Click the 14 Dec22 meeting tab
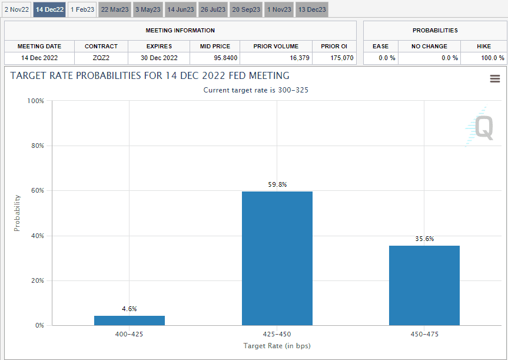tap(49, 9)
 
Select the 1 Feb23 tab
tap(82, 9)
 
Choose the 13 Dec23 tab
tap(311, 9)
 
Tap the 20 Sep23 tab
tap(245, 9)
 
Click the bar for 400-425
tap(130, 321)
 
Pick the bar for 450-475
tap(424, 285)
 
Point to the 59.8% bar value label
tap(277, 184)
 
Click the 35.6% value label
tap(424, 239)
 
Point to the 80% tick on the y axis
tap(36, 146)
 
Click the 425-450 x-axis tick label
tap(277, 334)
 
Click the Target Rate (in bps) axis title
tap(277, 346)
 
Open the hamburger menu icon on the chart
tap(494, 79)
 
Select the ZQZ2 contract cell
tap(101, 58)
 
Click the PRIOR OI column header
tap(334, 46)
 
